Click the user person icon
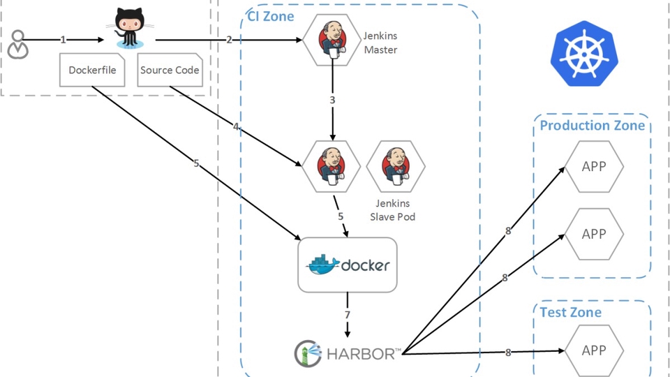click(18, 45)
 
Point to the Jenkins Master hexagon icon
click(332, 39)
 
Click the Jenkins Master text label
click(380, 42)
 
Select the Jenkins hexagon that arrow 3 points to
click(332, 166)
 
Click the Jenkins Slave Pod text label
click(392, 210)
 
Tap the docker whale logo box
click(348, 265)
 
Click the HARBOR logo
click(348, 353)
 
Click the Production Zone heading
click(592, 126)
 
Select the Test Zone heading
click(570, 312)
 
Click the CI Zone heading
click(271, 16)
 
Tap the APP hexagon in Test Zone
click(593, 350)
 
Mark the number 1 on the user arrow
click(63, 40)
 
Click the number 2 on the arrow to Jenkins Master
click(229, 40)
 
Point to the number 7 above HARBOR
click(347, 315)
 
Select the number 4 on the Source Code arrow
click(236, 126)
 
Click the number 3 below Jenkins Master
click(332, 100)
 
